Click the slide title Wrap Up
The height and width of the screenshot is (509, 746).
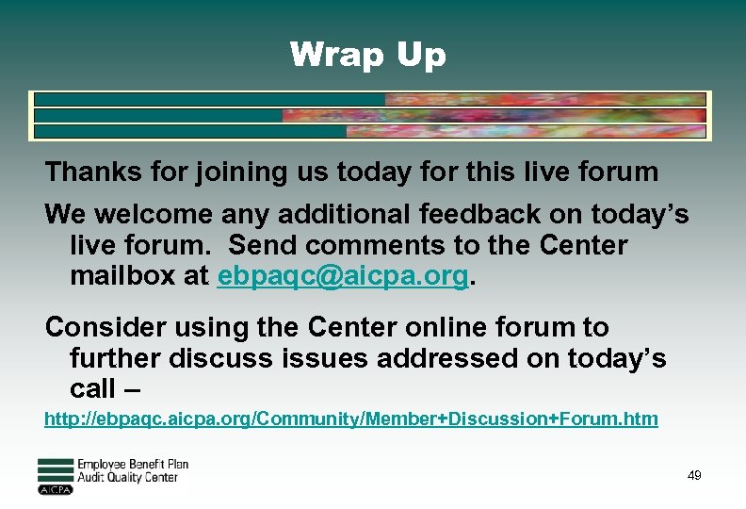367,55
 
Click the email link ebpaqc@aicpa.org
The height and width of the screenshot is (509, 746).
343,277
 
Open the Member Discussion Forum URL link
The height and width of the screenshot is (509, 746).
350,419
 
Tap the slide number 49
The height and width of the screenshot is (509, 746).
694,476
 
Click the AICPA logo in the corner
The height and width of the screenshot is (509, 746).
56,477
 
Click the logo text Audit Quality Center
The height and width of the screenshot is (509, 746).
127,478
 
